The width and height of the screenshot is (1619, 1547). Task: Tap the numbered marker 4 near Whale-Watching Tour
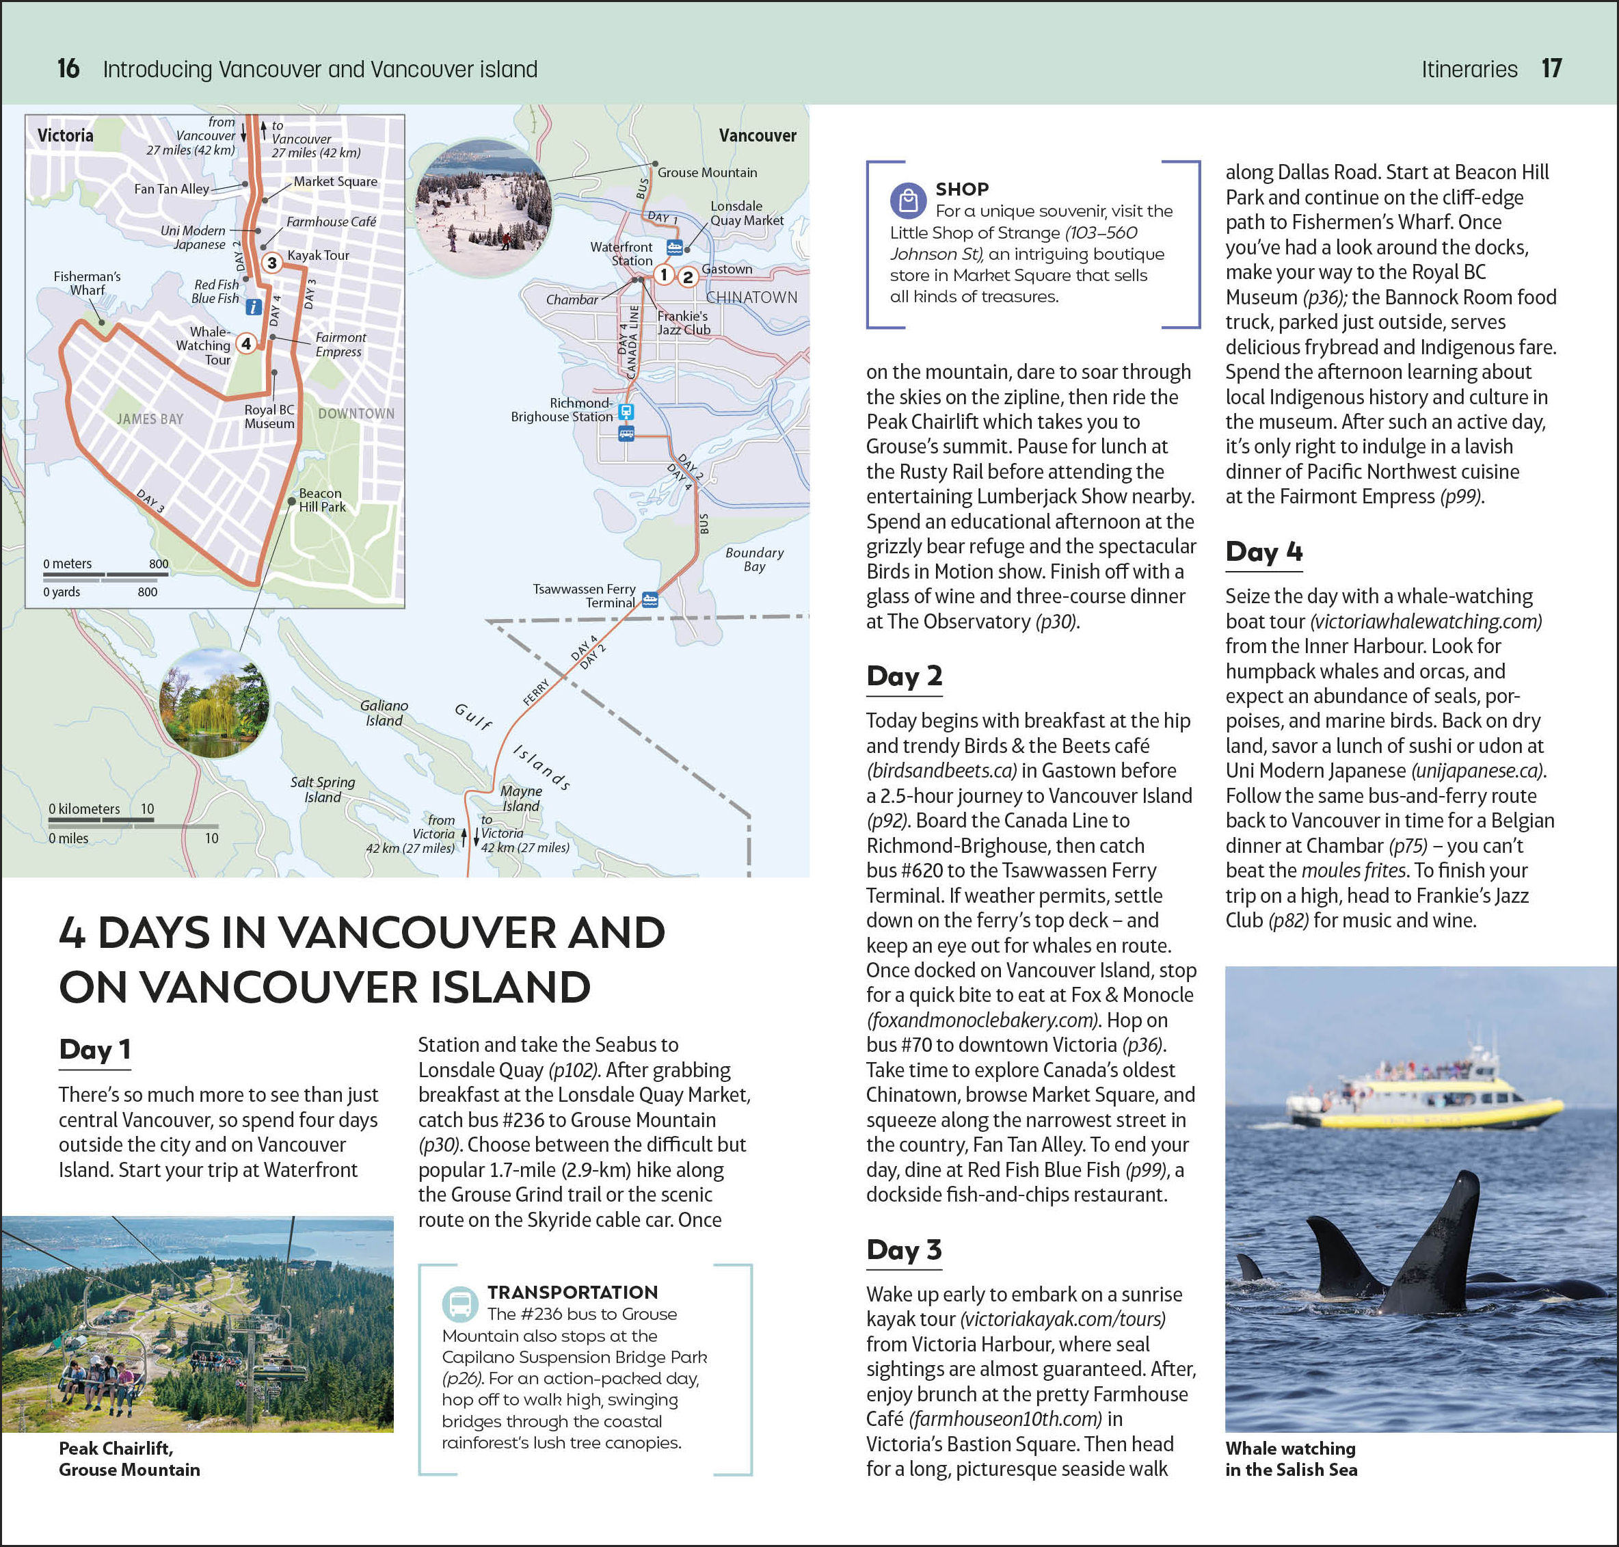[x=245, y=343]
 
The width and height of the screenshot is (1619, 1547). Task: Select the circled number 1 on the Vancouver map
[x=664, y=275]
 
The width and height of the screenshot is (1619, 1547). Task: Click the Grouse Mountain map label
[x=706, y=172]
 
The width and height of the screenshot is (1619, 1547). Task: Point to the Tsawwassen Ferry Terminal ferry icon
[x=650, y=600]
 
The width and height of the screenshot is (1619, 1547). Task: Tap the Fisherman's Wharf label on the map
[x=87, y=283]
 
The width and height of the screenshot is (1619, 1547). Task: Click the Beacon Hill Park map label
[x=321, y=500]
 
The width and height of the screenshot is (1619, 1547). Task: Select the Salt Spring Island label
[x=322, y=789]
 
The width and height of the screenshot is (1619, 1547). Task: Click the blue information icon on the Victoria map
[x=254, y=307]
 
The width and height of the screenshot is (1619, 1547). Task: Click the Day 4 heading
[x=1263, y=552]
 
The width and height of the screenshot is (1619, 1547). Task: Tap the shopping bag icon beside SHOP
[x=907, y=200]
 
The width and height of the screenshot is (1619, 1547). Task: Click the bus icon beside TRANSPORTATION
[x=459, y=1304]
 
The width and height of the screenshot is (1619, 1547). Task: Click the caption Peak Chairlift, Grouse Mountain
[x=129, y=1459]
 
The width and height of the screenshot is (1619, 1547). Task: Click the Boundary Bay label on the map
[x=754, y=559]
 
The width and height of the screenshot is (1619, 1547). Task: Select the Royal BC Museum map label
[x=269, y=416]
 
